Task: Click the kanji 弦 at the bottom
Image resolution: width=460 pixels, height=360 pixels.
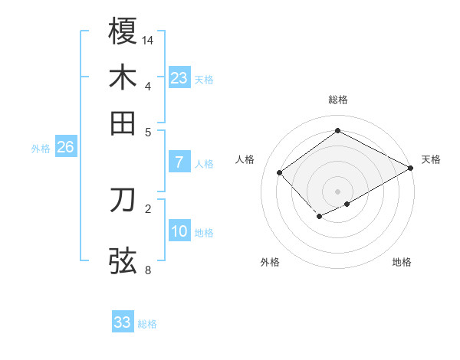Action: tap(123, 260)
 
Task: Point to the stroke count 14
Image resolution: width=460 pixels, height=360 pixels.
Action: tap(149, 40)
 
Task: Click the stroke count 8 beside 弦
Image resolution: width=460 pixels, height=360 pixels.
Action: tap(148, 270)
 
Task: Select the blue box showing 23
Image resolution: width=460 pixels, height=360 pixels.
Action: tap(179, 78)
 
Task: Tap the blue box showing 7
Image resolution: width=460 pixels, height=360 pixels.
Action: tap(179, 162)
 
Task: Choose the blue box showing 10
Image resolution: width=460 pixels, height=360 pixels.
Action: tap(179, 231)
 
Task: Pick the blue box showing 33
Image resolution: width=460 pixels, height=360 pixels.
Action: tap(123, 322)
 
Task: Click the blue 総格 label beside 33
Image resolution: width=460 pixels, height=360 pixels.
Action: tap(147, 324)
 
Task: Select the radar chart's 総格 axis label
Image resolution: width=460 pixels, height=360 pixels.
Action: tap(338, 100)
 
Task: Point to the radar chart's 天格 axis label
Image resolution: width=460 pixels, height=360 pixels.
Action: tap(431, 159)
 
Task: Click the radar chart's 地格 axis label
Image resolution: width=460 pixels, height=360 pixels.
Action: tap(402, 262)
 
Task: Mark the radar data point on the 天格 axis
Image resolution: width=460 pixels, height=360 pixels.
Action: tap(411, 169)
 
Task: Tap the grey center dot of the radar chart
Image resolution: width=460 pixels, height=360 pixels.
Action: tap(338, 191)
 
